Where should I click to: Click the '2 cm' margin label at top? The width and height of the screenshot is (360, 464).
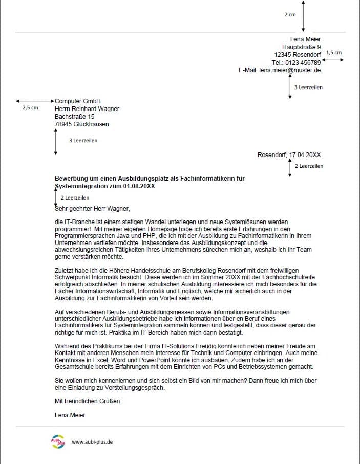[290, 15]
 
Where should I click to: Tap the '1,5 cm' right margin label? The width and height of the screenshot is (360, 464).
[333, 52]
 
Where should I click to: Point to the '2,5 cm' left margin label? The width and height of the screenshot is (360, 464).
[30, 108]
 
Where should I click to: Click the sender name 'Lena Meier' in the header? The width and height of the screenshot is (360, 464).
[305, 39]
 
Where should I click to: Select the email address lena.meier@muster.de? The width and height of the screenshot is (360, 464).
[290, 70]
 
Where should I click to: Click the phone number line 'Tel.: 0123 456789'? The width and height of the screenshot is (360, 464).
[297, 62]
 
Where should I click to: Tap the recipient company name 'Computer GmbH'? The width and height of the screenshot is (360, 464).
[78, 101]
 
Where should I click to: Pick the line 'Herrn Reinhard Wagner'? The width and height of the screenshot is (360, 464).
[87, 109]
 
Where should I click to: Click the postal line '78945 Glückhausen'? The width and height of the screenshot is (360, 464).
[82, 124]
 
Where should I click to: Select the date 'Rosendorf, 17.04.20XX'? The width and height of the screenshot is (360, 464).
[289, 154]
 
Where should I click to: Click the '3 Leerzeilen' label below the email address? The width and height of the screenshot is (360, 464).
[308, 87]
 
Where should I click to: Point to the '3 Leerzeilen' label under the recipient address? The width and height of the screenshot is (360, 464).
[83, 140]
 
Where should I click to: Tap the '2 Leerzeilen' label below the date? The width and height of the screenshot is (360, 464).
[309, 166]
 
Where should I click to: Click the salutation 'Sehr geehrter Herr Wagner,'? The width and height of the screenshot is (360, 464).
[93, 209]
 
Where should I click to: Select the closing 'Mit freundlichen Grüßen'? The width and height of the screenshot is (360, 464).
[87, 401]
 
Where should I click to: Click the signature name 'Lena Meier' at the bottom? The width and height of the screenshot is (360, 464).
[70, 415]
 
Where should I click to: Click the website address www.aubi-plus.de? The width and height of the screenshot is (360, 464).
[92, 441]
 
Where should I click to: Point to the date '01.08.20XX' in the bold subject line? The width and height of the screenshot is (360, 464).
[139, 186]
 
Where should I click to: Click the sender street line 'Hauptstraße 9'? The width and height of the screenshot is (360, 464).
[302, 47]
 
